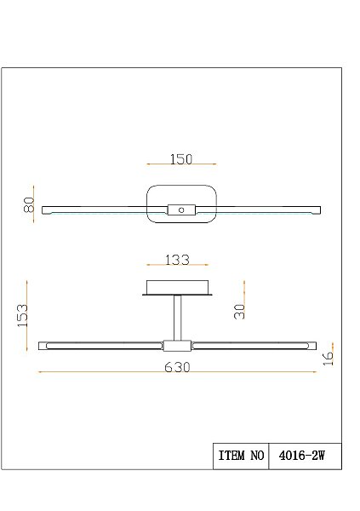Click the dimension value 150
tap(181, 159)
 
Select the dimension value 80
tap(28, 205)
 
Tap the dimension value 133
tap(176, 260)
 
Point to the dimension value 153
tap(23, 315)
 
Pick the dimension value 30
tap(241, 313)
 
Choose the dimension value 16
tap(330, 357)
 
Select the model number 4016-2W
tap(304, 456)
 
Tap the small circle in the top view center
tap(180, 209)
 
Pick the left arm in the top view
tap(94, 209)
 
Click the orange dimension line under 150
tap(181, 166)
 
